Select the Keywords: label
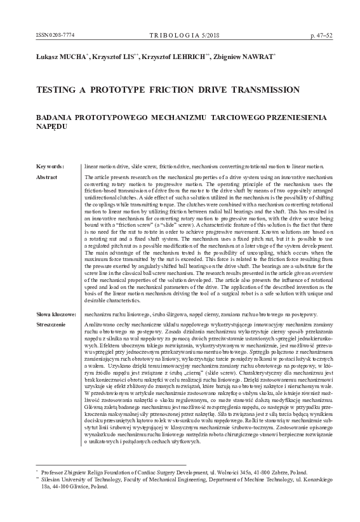point(50,166)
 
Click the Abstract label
point(48,176)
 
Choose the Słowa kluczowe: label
point(57,314)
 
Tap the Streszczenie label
point(52,324)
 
